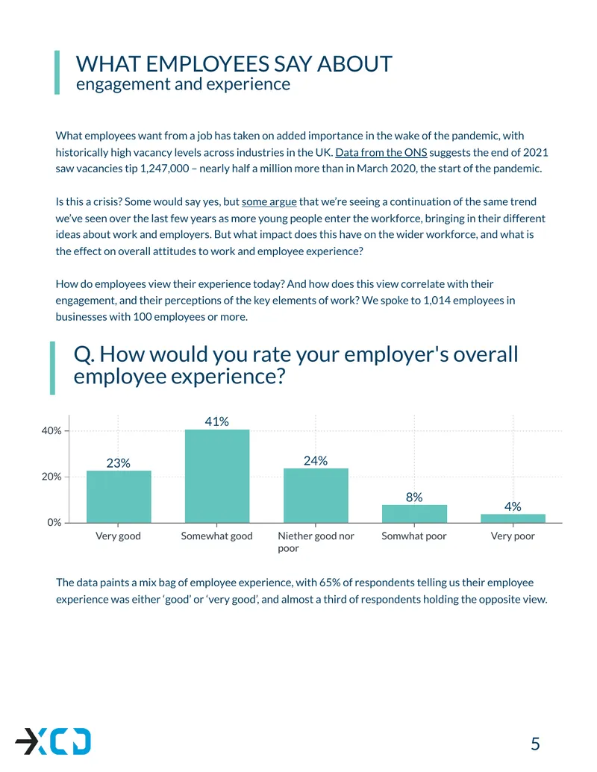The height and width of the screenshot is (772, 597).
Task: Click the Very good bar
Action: pos(119,496)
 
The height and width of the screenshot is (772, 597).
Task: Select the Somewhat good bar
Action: pos(217,476)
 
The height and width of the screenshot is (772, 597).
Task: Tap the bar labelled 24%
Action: pos(316,495)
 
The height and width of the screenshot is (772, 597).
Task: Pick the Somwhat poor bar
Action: pos(414,513)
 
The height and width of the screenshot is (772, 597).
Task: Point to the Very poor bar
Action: pos(513,518)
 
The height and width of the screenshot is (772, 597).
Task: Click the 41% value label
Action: pos(216,421)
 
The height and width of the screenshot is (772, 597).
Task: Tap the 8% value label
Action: pos(414,498)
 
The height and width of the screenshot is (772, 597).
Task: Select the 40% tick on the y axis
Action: pos(51,431)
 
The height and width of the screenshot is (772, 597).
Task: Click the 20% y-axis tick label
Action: pos(51,477)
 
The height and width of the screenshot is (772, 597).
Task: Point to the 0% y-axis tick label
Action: pos(54,522)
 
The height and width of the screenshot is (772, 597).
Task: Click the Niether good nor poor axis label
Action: pos(316,542)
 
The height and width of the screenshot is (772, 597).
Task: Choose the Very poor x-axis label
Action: pos(513,536)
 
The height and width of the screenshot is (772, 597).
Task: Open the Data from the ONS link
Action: pos(381,153)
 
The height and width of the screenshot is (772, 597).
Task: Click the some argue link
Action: pos(269,202)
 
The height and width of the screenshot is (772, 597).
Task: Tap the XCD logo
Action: pos(53,741)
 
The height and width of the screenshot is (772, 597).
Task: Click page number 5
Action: pos(535,744)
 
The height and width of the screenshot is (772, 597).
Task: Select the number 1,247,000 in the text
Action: pos(164,169)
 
